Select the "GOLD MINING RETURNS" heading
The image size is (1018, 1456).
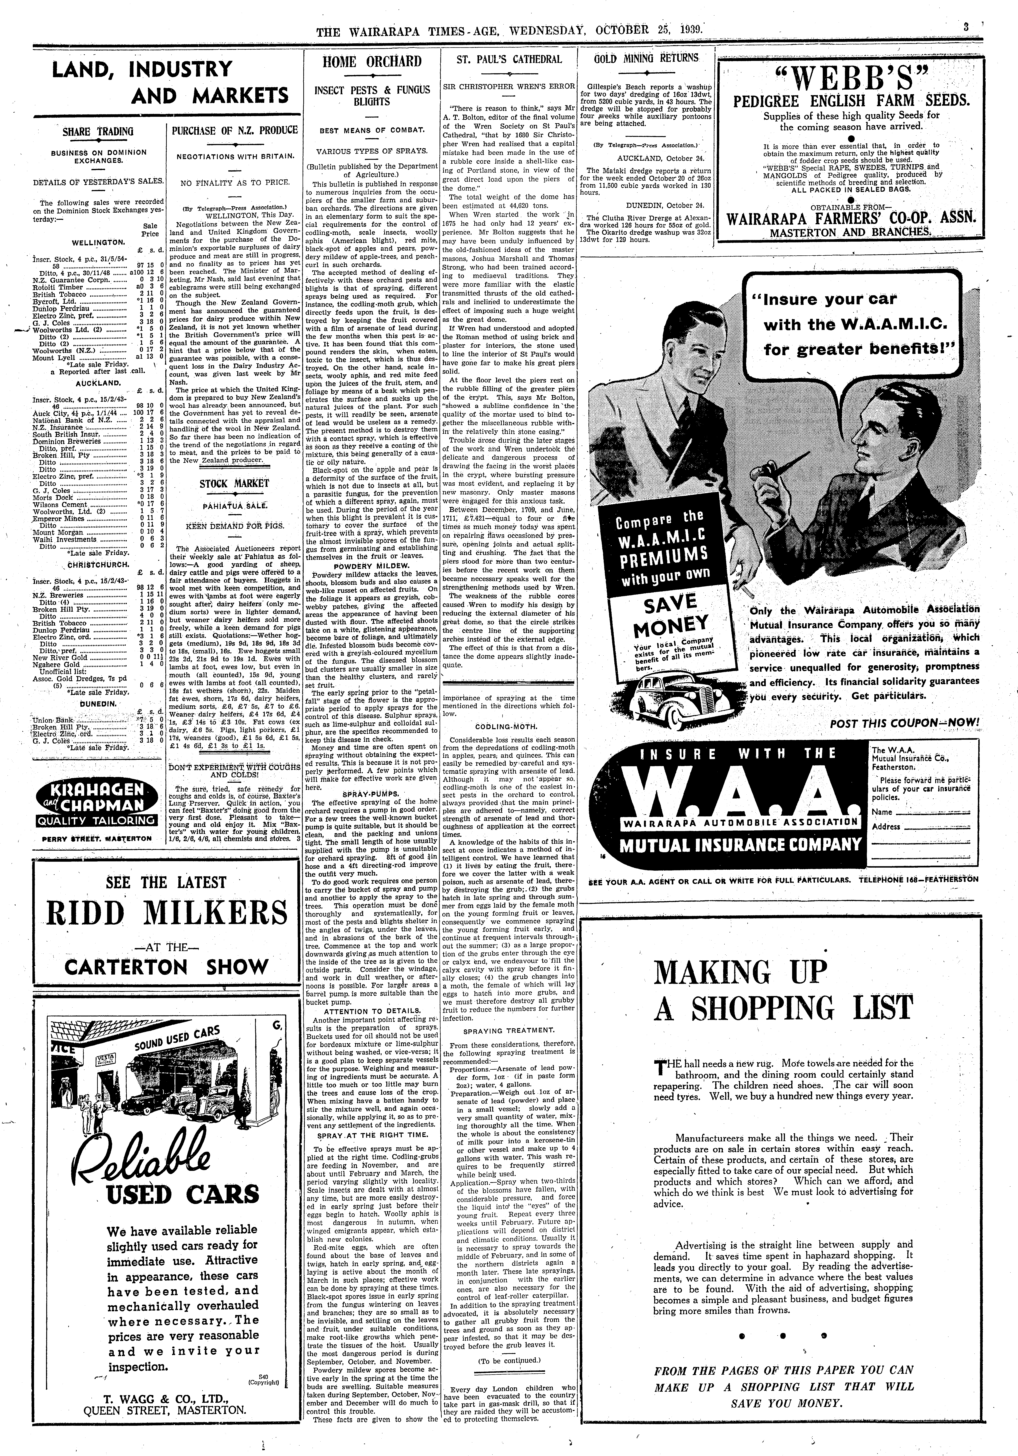coord(646,58)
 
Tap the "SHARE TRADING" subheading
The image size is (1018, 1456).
coord(98,132)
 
